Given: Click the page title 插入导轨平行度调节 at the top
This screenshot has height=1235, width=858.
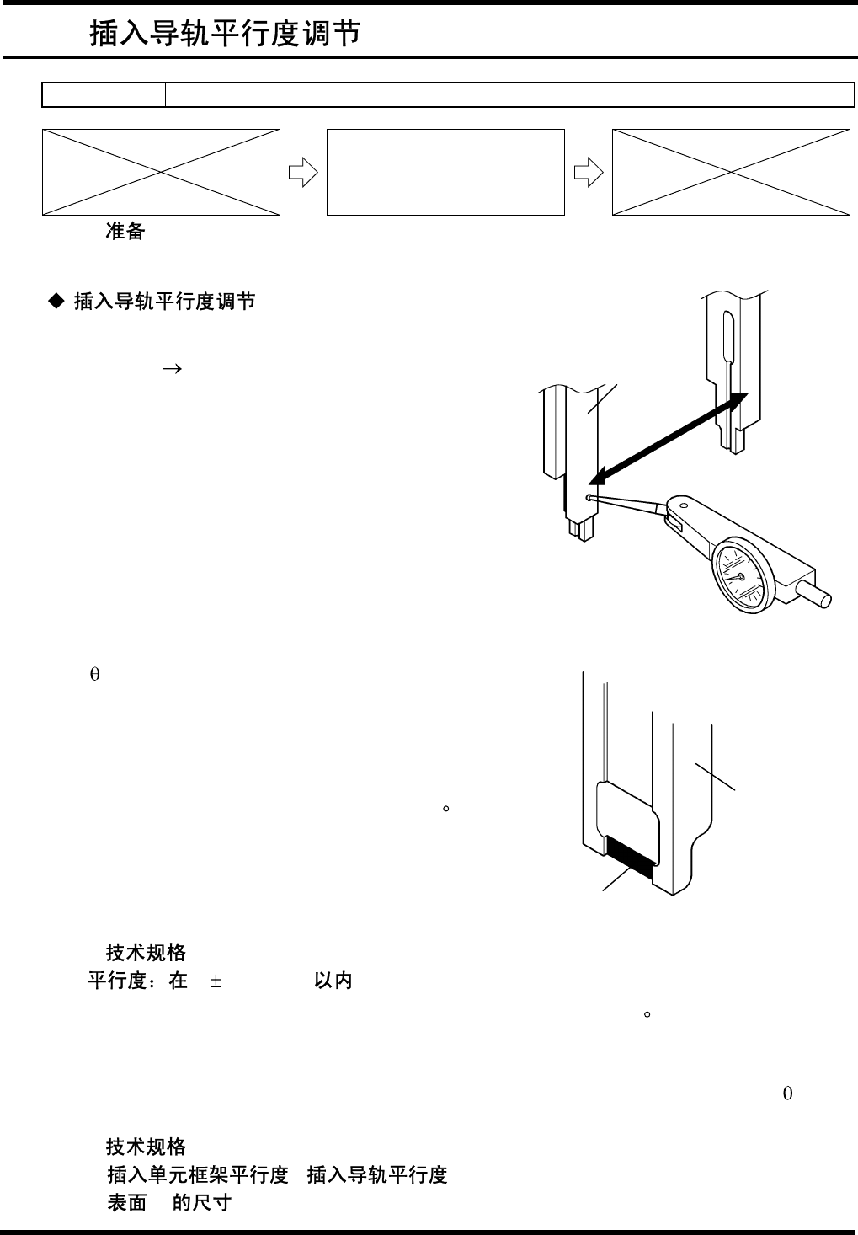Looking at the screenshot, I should [226, 33].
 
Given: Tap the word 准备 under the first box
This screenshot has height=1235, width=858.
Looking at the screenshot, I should [125, 232].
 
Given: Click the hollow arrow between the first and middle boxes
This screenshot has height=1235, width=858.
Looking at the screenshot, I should [302, 173].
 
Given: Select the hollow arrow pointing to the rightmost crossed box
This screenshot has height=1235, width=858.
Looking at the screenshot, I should [589, 173].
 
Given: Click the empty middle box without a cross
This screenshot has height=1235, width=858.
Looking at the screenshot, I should [445, 172].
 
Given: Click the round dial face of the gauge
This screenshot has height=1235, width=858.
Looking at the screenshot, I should [741, 576].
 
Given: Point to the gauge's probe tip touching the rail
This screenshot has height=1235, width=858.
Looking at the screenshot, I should [589, 498].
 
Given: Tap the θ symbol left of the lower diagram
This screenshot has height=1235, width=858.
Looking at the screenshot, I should [94, 676].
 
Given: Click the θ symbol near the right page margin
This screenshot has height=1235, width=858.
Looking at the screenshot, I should [787, 1094].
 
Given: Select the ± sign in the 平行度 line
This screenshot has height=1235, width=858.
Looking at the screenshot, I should [216, 981].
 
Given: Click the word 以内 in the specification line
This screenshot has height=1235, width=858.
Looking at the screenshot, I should [333, 981].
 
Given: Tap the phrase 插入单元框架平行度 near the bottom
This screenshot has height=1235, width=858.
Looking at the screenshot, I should [198, 1174].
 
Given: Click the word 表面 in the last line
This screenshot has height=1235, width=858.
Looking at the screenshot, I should [127, 1202].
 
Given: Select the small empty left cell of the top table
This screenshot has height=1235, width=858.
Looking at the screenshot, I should [104, 95].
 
